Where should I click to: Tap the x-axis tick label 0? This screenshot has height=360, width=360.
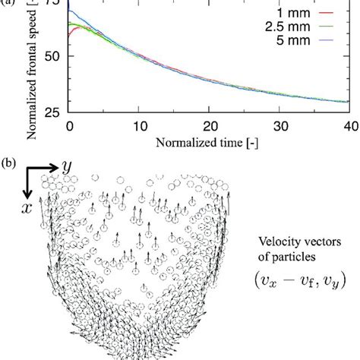point(68,125)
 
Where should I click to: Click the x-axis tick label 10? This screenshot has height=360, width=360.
point(140,125)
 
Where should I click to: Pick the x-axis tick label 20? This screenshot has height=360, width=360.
point(210,125)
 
